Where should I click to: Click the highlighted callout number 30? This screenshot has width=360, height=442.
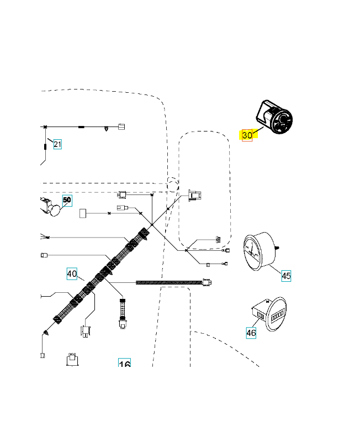[x=247, y=135]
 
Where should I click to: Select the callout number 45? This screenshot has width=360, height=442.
[x=286, y=276]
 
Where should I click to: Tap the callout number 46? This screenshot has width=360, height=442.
[x=251, y=333]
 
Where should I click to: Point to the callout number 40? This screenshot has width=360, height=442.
[x=72, y=273]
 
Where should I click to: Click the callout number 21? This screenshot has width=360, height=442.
[x=57, y=145]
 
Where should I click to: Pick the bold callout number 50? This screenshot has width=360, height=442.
[x=67, y=200]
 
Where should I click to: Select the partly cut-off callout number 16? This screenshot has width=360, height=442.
[x=124, y=364]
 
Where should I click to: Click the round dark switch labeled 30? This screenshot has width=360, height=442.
[x=276, y=118]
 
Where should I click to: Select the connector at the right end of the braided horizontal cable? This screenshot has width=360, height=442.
[x=207, y=282]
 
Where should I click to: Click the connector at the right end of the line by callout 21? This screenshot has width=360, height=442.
[x=121, y=127]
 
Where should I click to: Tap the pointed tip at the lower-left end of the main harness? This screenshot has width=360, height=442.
[x=46, y=333]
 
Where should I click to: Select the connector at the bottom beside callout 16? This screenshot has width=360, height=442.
[x=71, y=359]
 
